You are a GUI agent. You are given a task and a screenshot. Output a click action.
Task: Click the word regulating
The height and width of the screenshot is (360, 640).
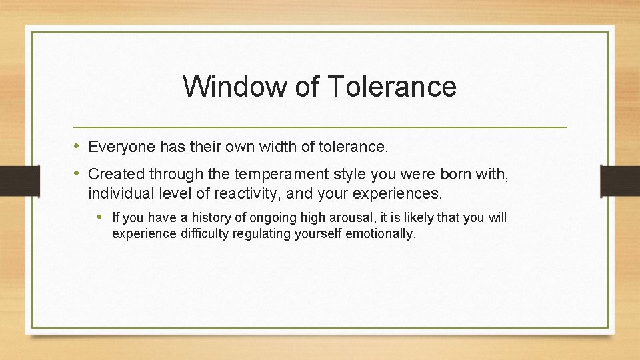(x=259, y=234)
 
